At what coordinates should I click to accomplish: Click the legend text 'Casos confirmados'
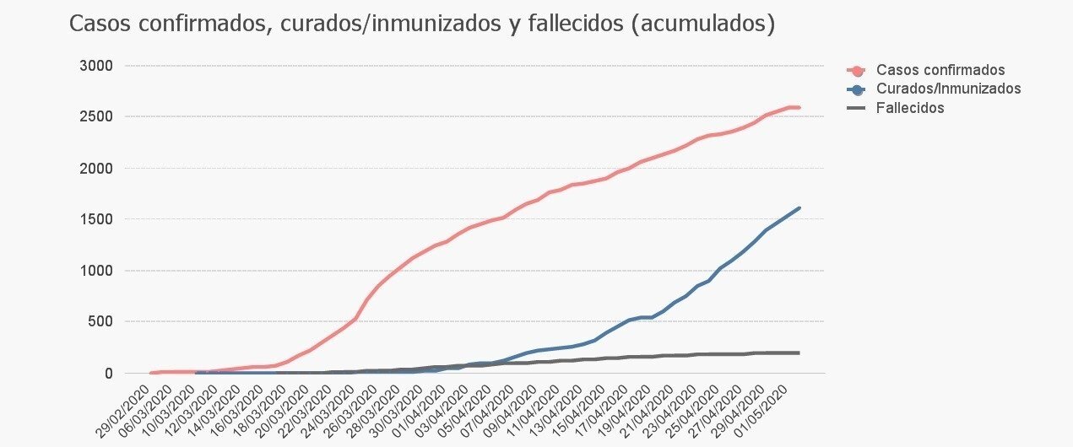pyautogui.click(x=940, y=70)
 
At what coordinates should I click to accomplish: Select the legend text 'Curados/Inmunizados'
pyautogui.click(x=948, y=89)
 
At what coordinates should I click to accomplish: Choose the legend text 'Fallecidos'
pyautogui.click(x=910, y=108)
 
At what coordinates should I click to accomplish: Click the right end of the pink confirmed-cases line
pyautogui.click(x=799, y=107)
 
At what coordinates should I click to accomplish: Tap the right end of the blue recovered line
pyautogui.click(x=799, y=208)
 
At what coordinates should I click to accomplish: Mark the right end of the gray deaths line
pyautogui.click(x=799, y=353)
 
